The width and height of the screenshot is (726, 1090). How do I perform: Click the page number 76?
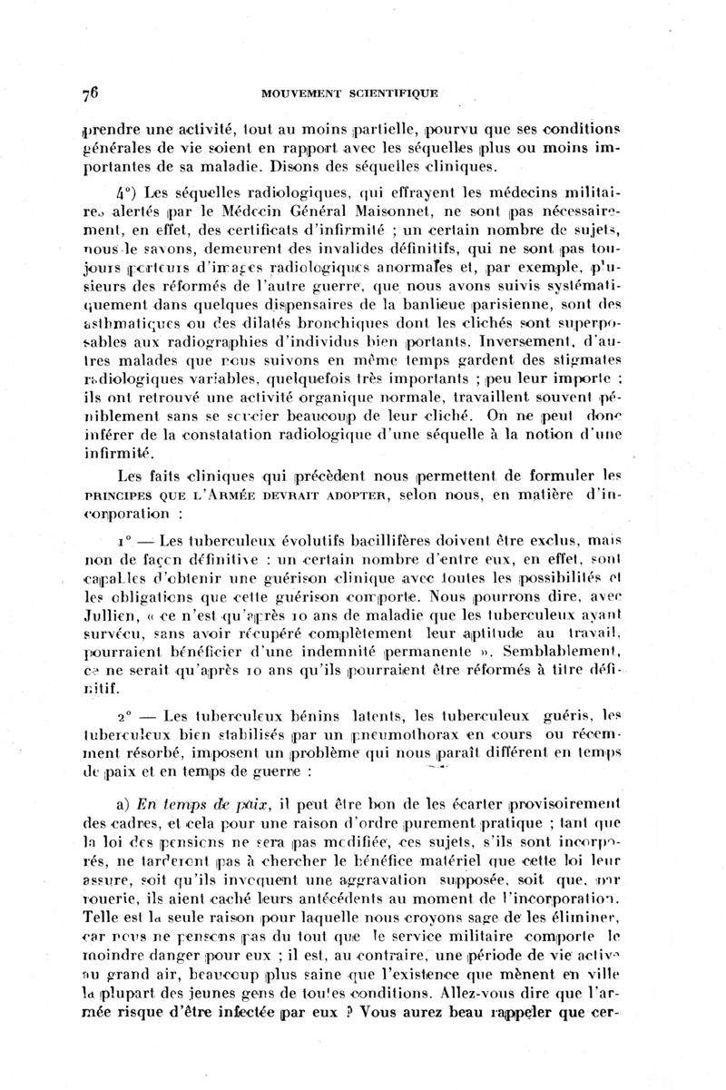(89, 93)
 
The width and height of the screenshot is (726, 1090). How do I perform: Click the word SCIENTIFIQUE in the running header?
(391, 93)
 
